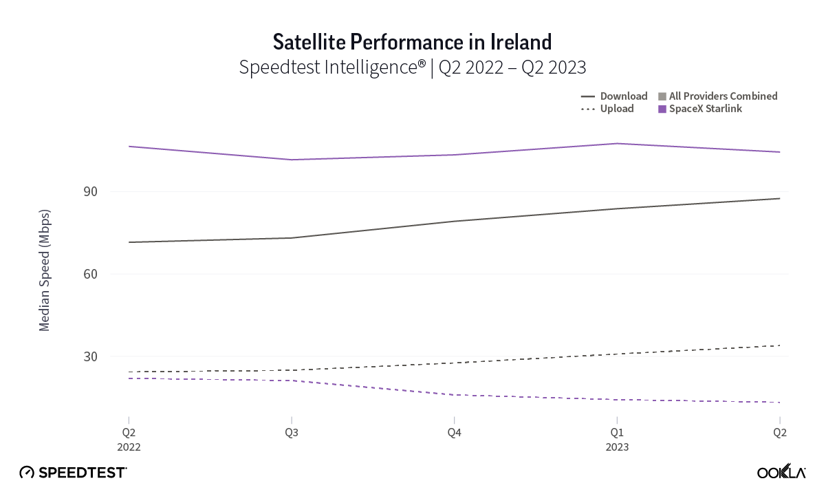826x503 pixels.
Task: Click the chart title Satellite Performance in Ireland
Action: click(413, 42)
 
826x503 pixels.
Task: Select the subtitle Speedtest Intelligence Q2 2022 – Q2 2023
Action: click(413, 67)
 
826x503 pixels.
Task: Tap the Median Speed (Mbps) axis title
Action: click(45, 269)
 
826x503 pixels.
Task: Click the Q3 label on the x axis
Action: click(291, 433)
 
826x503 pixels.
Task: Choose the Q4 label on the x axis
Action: click(454, 433)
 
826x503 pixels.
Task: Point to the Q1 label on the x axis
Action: click(617, 433)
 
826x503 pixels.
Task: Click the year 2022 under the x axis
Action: click(129, 447)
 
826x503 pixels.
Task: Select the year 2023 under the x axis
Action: click(617, 447)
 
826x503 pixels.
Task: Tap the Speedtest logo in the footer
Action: click(73, 473)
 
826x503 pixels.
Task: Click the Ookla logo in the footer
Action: click(781, 473)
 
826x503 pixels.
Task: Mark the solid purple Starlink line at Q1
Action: click(617, 143)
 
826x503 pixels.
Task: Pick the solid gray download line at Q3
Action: click(291, 238)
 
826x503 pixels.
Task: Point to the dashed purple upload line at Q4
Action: click(454, 395)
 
